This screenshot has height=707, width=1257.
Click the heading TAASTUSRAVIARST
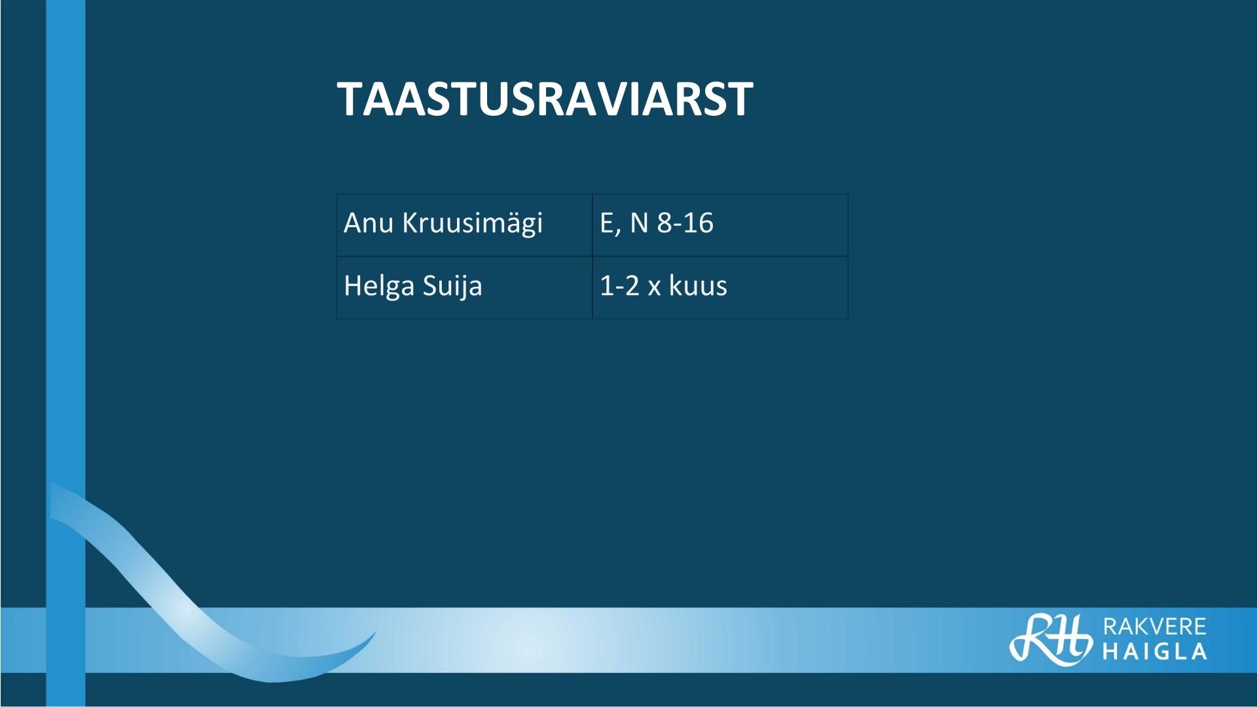click(x=545, y=100)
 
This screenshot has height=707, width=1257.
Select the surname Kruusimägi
click(x=472, y=224)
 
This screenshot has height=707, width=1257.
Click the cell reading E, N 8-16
click(x=720, y=225)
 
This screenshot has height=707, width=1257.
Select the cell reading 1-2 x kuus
click(x=720, y=287)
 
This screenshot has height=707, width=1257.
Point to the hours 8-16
click(x=685, y=223)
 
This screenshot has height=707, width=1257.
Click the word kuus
click(x=698, y=285)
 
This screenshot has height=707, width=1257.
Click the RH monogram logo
click(x=1050, y=640)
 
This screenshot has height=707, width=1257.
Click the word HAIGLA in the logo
click(x=1155, y=651)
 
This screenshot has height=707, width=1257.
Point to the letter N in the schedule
click(x=639, y=223)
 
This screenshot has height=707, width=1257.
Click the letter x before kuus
click(x=654, y=288)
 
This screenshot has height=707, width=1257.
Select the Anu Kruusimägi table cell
click(x=465, y=225)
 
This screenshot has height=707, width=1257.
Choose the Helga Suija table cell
click(x=465, y=287)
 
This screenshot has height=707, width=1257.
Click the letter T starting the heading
click(x=350, y=100)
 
